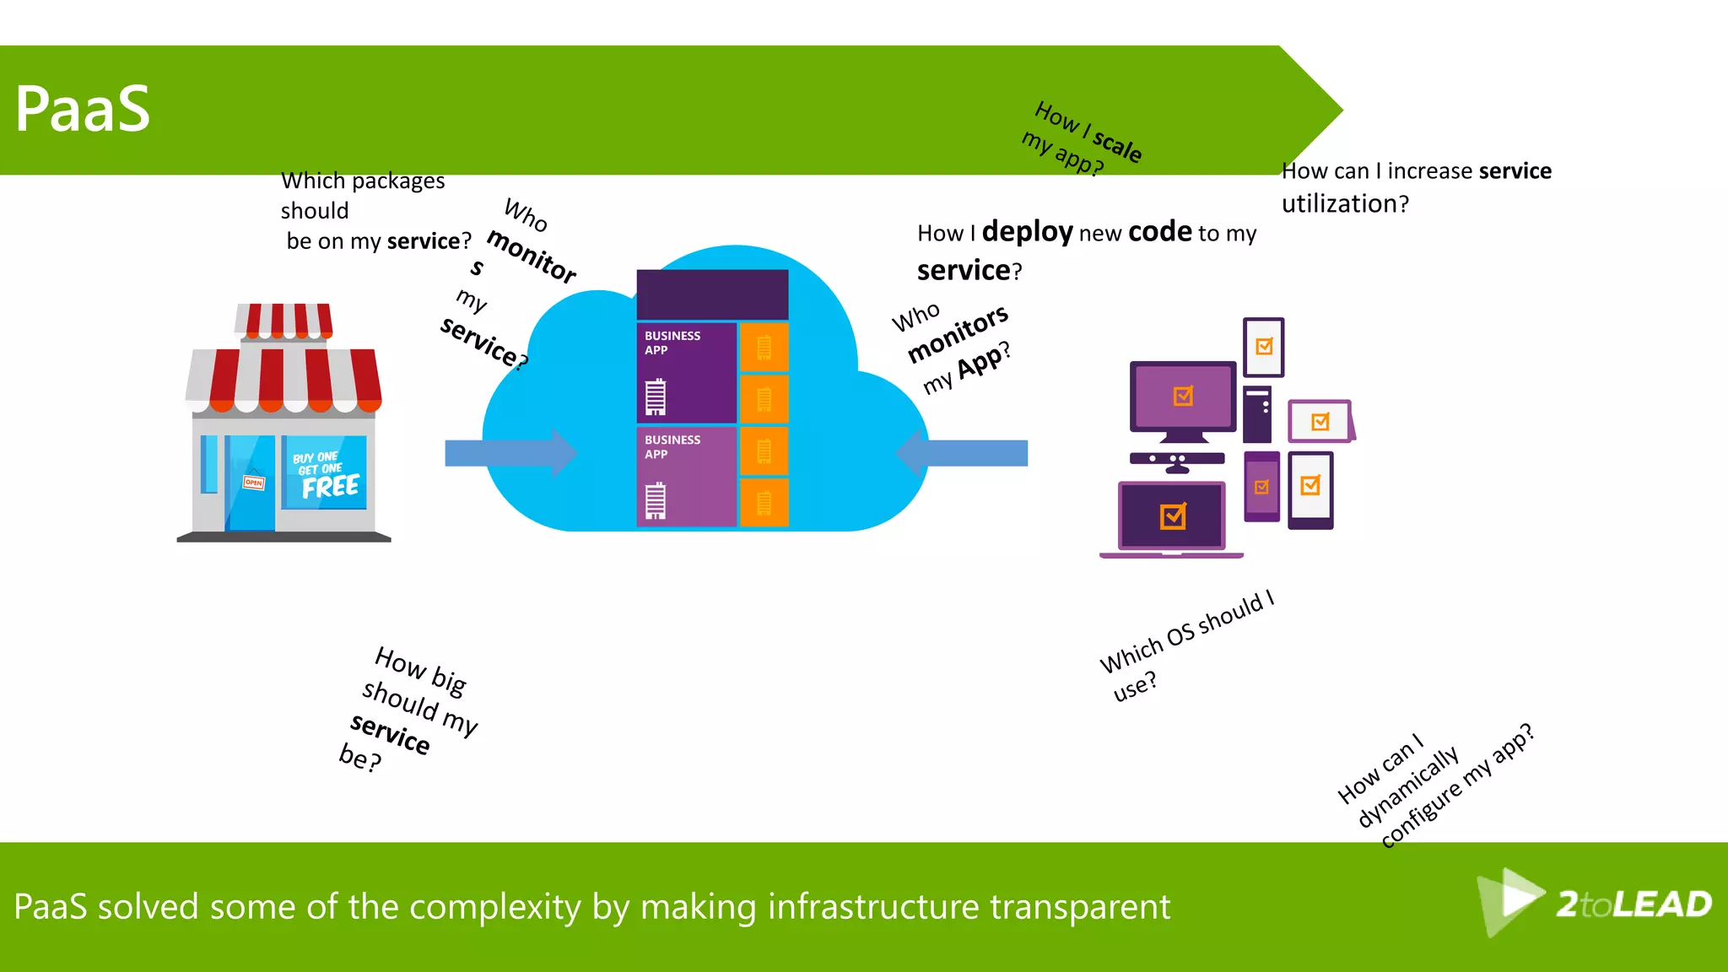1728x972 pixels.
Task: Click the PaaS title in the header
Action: (x=82, y=110)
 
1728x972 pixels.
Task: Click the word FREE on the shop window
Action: (x=330, y=487)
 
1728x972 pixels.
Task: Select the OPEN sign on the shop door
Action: (x=253, y=483)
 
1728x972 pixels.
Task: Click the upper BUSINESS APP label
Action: (x=672, y=343)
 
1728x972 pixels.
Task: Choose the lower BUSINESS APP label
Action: (x=672, y=446)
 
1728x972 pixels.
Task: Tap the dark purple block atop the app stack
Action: (x=712, y=294)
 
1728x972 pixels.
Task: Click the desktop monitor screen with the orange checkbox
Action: (x=1183, y=397)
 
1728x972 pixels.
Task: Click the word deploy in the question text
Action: (x=1027, y=231)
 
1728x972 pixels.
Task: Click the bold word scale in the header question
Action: (x=1117, y=146)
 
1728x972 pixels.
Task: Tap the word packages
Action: (x=398, y=181)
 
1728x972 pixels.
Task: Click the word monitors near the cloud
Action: (x=958, y=334)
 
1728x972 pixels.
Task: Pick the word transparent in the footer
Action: (x=1079, y=907)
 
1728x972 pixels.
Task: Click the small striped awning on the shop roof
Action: (x=283, y=321)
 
